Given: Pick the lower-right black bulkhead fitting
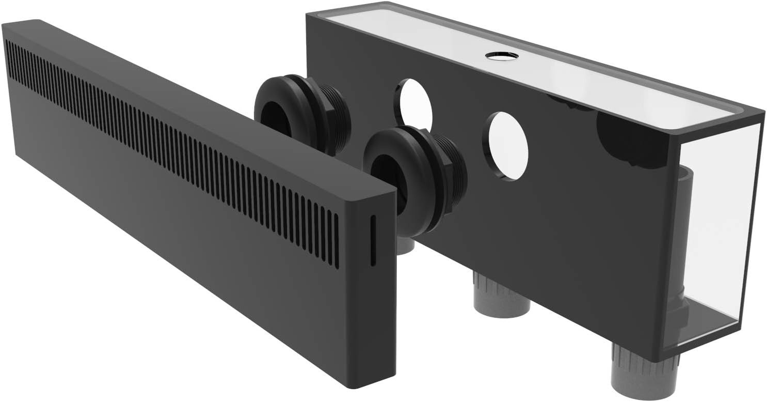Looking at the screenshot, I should [413, 178].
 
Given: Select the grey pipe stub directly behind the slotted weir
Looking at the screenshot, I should [405, 245].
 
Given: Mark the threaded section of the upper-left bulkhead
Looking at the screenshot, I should [338, 124].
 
